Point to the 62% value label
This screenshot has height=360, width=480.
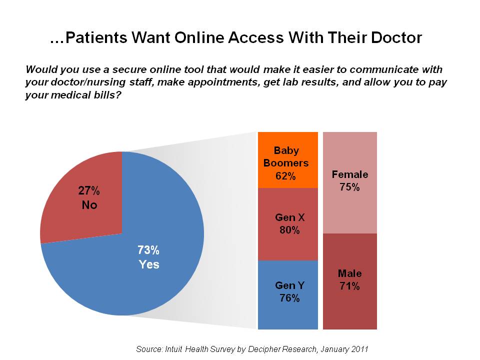pyautogui.click(x=286, y=176)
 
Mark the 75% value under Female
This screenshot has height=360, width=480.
pyautogui.click(x=350, y=187)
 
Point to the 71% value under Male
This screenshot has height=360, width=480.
pyautogui.click(x=349, y=286)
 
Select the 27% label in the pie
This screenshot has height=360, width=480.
pyautogui.click(x=89, y=190)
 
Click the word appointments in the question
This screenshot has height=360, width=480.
pyautogui.click(x=192, y=81)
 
